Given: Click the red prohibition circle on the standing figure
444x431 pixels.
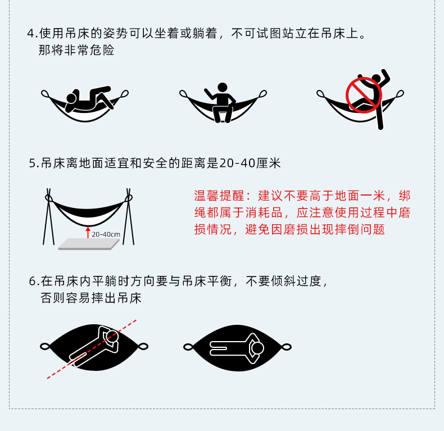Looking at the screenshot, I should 364,95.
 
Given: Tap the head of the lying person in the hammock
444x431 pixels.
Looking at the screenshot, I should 71,99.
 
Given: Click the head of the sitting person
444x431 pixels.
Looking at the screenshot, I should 223,88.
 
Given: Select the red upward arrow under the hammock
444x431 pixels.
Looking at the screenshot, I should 88,232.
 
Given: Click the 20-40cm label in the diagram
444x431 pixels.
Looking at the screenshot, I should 106,234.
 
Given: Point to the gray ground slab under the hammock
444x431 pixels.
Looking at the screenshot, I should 88,244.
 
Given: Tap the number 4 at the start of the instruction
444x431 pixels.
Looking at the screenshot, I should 31,33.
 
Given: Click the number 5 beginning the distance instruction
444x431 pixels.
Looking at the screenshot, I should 33,164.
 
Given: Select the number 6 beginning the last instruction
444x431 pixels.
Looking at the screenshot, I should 33,281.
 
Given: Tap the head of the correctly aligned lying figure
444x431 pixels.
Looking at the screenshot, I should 257,348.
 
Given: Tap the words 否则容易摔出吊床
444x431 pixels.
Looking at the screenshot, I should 91,298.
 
